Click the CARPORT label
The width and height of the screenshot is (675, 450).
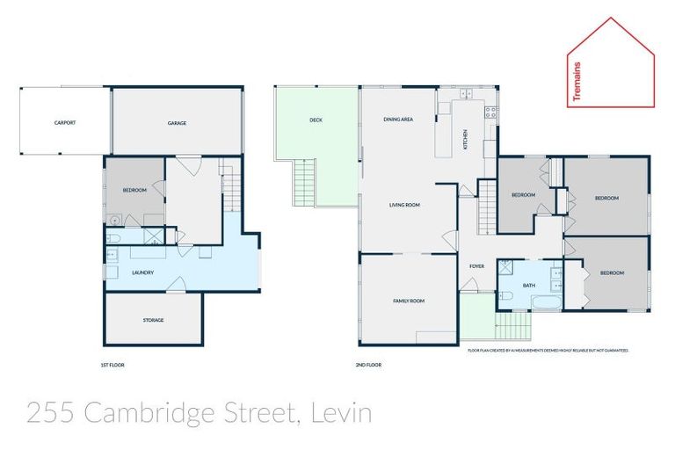64,123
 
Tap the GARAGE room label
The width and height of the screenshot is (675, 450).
177,123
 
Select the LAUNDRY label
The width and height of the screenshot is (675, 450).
142,272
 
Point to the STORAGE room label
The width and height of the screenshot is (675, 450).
153,320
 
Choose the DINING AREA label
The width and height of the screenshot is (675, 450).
398,120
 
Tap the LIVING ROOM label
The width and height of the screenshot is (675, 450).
405,205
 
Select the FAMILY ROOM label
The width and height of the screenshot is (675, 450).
408,301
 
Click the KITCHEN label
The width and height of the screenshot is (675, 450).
465,139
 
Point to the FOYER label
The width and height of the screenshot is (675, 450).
477,265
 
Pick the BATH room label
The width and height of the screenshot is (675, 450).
528,285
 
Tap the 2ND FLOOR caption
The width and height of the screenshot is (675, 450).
369,364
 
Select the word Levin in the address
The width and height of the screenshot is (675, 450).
341,412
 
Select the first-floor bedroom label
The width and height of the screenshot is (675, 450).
134,191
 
